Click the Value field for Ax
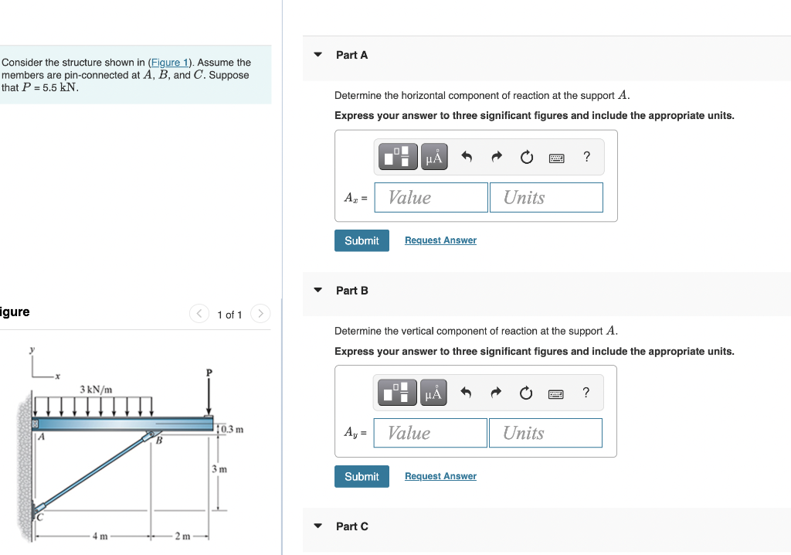[x=431, y=198]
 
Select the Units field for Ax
[x=545, y=198]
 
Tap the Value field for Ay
[x=430, y=433]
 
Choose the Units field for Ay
[x=545, y=433]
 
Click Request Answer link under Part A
[x=440, y=240]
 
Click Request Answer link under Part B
[x=440, y=476]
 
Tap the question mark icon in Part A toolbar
[x=586, y=157]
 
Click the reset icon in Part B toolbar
[x=526, y=393]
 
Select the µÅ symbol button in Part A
[x=434, y=158]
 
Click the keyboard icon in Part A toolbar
[x=556, y=158]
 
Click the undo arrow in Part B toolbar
[x=467, y=393]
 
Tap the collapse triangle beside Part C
[x=317, y=526]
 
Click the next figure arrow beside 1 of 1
[x=261, y=314]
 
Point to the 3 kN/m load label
[x=96, y=389]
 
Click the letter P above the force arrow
[x=208, y=373]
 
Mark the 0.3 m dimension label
[x=233, y=429]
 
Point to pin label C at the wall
[x=40, y=518]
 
